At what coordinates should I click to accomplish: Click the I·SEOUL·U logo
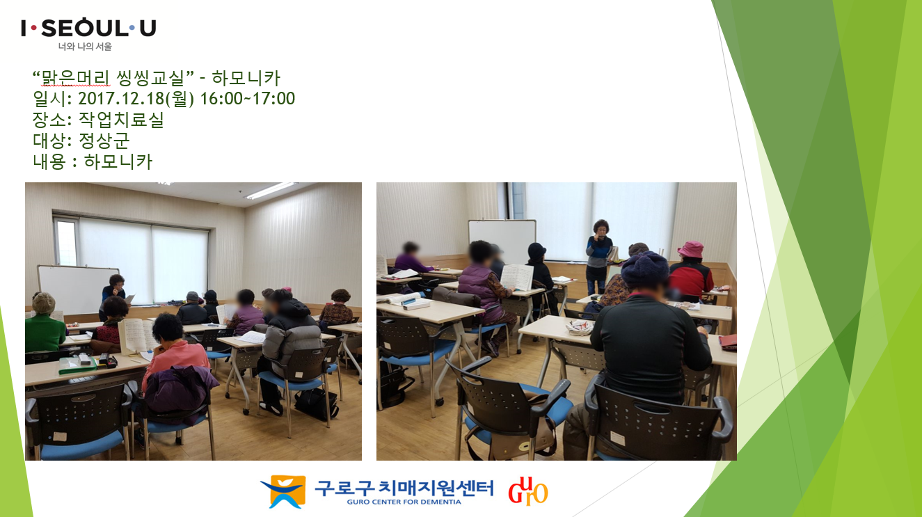[88, 28]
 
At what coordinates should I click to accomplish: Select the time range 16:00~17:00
[248, 99]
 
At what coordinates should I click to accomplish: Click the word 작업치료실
[121, 120]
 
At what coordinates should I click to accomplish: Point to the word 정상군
[104, 141]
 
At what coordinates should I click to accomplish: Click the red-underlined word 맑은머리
[76, 78]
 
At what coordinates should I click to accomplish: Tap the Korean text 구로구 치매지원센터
[404, 488]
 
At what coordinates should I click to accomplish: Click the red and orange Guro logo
[528, 491]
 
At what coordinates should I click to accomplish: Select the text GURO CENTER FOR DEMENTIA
[404, 502]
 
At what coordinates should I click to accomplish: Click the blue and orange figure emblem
[284, 491]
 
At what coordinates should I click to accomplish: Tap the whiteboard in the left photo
[76, 289]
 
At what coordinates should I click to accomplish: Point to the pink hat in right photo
[690, 249]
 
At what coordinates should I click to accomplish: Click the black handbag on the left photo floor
[316, 404]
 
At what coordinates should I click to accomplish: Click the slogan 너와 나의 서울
[85, 47]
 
